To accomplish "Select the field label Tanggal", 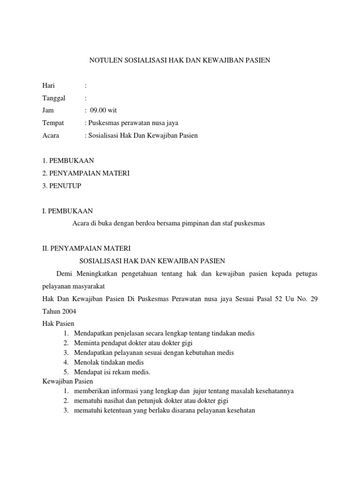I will pyautogui.click(x=54, y=98).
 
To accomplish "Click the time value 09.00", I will pyautogui.click(x=98, y=111).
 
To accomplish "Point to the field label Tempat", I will pyautogui.click(x=52, y=123).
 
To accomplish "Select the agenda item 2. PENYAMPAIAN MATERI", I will pyautogui.click(x=86, y=173).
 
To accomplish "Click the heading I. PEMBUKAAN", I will pyautogui.click(x=67, y=211).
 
